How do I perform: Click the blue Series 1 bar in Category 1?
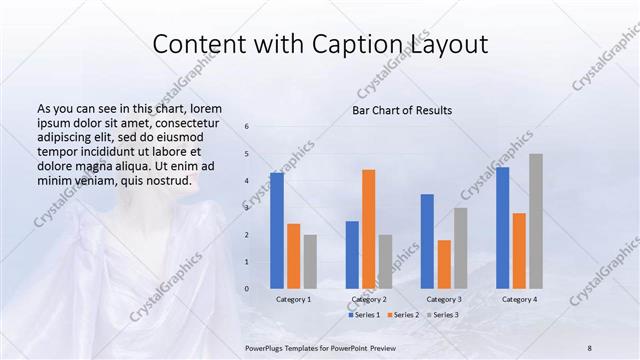277,230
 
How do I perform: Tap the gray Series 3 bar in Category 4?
535,221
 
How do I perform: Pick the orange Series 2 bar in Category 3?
444,264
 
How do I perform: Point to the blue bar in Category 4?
502,227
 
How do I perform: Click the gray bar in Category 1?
310,261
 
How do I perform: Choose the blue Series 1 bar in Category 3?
427,241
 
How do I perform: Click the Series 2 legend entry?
402,315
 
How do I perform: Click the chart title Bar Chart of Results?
402,110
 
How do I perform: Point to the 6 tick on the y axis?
247,127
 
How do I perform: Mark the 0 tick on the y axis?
247,289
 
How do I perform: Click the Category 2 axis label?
369,300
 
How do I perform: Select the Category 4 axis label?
519,300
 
